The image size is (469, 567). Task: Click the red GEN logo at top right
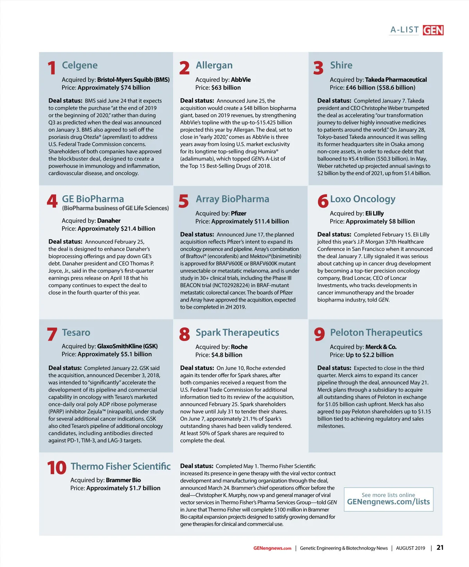[x=433, y=30]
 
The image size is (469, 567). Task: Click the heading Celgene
[x=80, y=65]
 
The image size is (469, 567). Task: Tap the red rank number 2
[x=184, y=68]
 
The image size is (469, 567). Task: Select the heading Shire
[x=341, y=65]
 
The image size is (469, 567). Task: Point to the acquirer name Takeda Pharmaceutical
[x=396, y=80]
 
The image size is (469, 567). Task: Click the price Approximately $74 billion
[x=114, y=88]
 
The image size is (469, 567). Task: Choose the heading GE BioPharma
[x=93, y=199]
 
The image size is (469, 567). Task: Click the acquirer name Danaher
[x=109, y=221]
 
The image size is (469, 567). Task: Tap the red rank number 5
[x=184, y=202]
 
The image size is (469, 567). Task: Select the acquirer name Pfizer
[x=238, y=214]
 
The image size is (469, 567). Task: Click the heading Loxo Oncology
[x=363, y=199]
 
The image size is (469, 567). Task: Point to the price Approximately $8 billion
[x=380, y=221]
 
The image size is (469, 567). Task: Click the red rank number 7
[x=52, y=335]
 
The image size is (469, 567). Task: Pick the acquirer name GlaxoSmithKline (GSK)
[x=127, y=346]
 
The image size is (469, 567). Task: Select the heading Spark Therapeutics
[x=237, y=333]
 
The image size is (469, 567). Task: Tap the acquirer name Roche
[x=239, y=347]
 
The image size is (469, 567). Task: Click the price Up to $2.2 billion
[x=370, y=355]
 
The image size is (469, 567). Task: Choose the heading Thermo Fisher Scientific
[x=120, y=467]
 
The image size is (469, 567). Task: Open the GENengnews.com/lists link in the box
[x=388, y=502]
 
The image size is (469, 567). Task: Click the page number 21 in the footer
[x=440, y=547]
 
